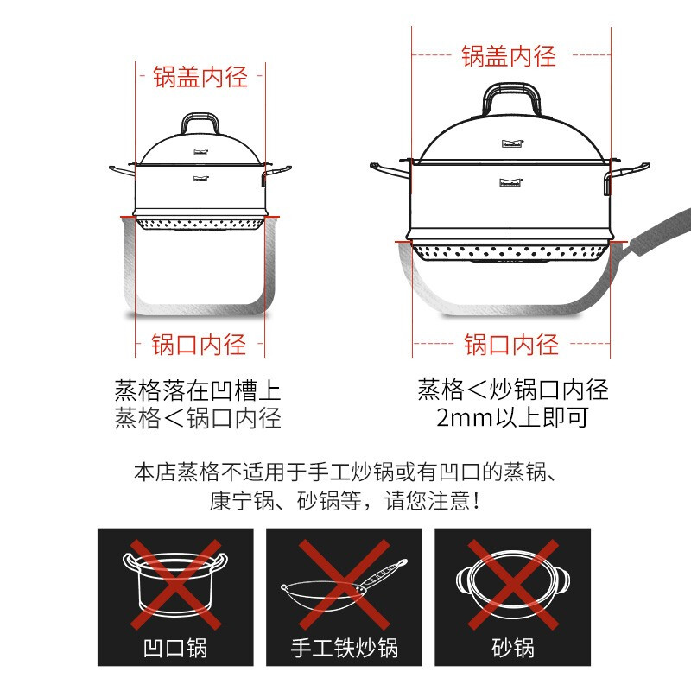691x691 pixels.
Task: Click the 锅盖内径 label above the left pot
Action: pos(200,77)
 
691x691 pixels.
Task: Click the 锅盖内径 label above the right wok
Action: pos(509,56)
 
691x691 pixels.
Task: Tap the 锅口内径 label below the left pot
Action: pos(200,345)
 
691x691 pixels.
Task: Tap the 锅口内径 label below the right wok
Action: pos(511,345)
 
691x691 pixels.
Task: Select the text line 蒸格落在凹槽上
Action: pos(198,390)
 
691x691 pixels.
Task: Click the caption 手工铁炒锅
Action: pos(345,648)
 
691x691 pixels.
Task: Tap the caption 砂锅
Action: pos(513,648)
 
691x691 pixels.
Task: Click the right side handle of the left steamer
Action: pos(276,172)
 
